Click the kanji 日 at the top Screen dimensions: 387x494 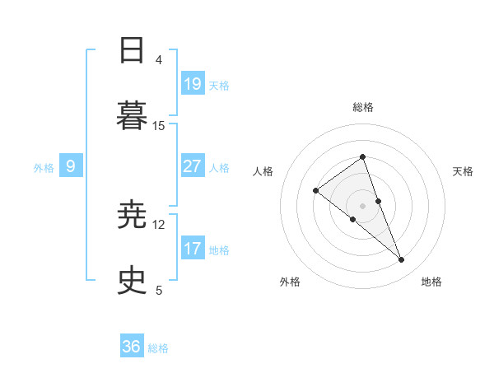tap(133, 51)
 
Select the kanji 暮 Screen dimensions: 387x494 tap(133, 114)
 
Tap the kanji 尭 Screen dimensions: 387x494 tap(133, 216)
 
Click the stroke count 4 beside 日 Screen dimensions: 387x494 tap(159, 60)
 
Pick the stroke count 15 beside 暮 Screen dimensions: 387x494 tap(159, 125)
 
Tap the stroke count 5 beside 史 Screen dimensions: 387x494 tap(159, 290)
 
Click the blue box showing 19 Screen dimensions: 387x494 tap(193, 83)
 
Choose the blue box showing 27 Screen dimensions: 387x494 tap(193, 166)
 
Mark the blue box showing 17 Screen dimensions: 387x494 tap(193, 248)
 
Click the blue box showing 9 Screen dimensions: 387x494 tap(71, 166)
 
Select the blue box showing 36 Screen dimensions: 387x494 tap(132, 347)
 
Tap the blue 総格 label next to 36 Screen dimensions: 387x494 tap(158, 348)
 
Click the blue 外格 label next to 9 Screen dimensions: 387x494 tap(44, 168)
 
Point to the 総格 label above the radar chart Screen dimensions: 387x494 tap(362, 107)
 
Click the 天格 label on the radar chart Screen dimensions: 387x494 tap(464, 171)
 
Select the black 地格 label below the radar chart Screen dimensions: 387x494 tap(431, 282)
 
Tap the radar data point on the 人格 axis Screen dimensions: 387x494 tap(316, 191)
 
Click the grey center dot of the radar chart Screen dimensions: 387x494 tap(362, 205)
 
